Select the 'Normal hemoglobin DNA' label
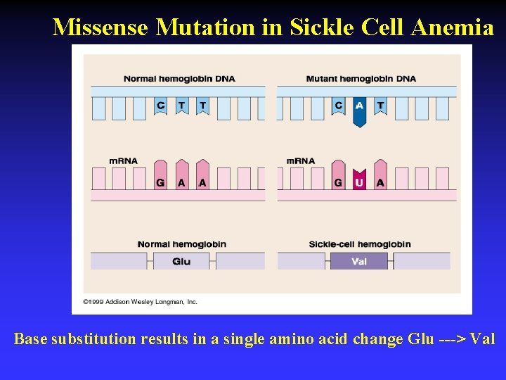[x=179, y=79]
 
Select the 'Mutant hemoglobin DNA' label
[x=361, y=79]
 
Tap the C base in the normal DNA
[x=161, y=106]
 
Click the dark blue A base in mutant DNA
[x=360, y=109]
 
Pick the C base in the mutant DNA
[x=339, y=106]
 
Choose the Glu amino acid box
[x=181, y=261]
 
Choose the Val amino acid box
[x=359, y=261]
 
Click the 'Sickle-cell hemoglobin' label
[x=360, y=244]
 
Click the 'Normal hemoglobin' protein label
[x=181, y=244]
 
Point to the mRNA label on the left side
[x=124, y=161]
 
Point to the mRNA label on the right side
[x=301, y=161]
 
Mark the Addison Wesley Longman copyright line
[x=141, y=302]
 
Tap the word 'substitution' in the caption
[x=94, y=339]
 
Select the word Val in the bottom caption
[x=482, y=339]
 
